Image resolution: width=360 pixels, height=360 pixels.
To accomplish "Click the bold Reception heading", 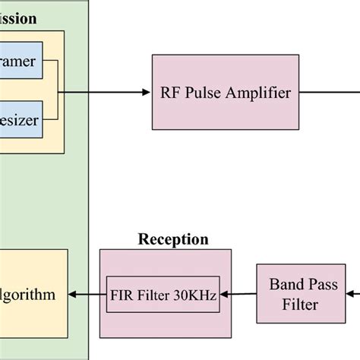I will pos(172,240).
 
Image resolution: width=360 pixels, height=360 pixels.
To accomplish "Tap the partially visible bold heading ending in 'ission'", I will pos(18,19).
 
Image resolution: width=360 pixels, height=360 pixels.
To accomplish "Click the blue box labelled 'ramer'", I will pos(23,61).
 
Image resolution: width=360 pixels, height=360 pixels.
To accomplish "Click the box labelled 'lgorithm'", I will pos(30,295).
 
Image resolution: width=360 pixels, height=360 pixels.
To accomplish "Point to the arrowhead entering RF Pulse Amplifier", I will pos(147,93).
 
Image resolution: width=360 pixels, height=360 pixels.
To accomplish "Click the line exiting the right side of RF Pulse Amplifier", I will pos(327,93).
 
